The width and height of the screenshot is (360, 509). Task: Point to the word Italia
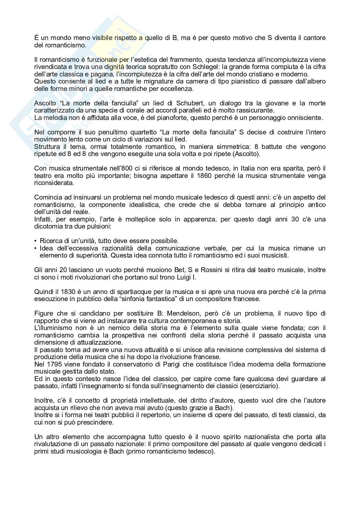259,168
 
